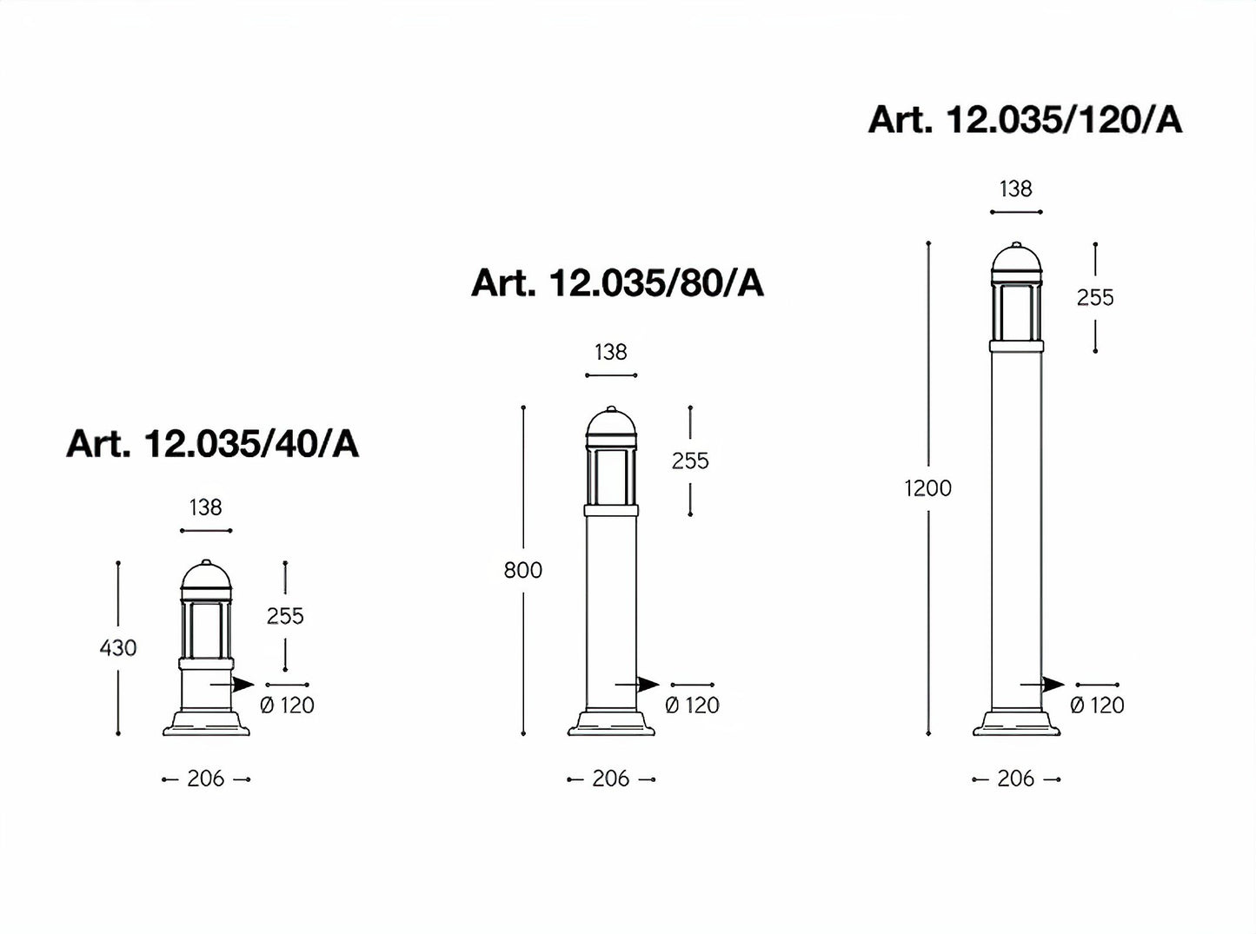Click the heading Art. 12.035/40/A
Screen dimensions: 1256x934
click(x=212, y=444)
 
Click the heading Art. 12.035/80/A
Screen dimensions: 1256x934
click(x=617, y=282)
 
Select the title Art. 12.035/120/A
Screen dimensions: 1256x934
click(x=1025, y=119)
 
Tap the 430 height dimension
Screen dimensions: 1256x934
click(x=118, y=648)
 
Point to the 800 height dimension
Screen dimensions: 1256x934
click(x=522, y=570)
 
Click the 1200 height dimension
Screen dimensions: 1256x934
click(x=927, y=488)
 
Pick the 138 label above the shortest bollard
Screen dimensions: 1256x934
click(x=205, y=507)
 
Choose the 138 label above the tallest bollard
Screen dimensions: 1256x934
click(x=1016, y=189)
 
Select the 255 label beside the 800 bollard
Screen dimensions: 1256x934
click(x=690, y=461)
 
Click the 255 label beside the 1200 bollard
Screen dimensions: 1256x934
click(x=1095, y=298)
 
